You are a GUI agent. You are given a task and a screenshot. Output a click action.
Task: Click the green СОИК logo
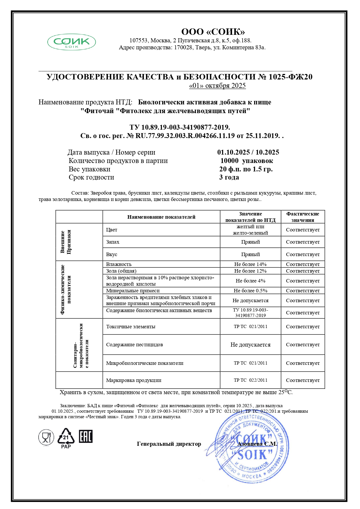71,42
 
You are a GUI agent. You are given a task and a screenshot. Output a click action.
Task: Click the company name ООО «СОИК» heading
213,32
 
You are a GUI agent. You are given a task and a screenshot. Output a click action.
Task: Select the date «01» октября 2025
217,86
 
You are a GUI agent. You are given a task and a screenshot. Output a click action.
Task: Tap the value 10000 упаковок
247,161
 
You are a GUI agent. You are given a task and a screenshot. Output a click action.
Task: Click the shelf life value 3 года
229,177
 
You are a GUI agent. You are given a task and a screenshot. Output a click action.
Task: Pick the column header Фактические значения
303,217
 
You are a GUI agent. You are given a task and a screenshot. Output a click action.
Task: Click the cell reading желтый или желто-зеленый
250,230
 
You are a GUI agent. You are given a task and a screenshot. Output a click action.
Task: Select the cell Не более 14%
250,264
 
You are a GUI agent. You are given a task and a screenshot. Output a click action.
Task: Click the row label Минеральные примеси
133,291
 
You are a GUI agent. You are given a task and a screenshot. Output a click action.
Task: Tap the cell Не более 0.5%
250,291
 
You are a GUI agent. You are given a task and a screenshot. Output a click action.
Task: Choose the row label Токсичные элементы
131,327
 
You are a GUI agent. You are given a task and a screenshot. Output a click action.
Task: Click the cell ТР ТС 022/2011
250,380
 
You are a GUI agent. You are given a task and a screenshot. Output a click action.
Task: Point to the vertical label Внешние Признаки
66,242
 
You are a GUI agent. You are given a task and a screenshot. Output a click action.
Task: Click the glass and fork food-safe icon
46,437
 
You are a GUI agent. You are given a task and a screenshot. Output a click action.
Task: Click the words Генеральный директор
169,444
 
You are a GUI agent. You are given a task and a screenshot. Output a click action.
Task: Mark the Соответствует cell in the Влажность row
303,264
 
